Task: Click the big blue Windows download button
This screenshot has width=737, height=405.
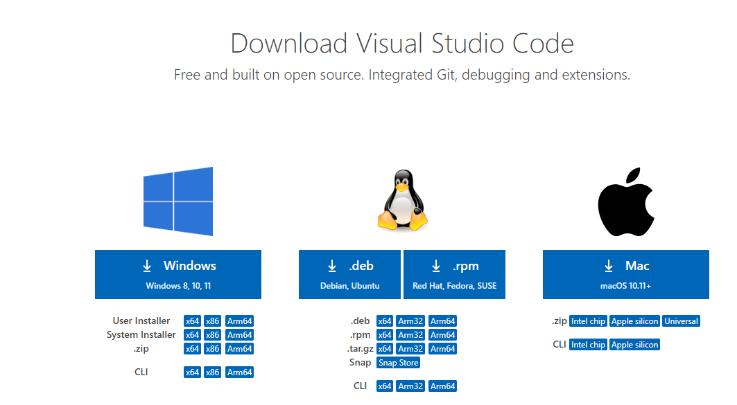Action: point(178,274)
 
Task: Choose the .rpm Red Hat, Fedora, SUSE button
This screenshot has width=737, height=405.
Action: point(454,274)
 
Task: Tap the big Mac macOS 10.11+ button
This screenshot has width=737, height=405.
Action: point(625,274)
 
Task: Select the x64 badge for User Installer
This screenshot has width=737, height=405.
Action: point(192,321)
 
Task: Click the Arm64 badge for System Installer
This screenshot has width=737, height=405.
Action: point(240,335)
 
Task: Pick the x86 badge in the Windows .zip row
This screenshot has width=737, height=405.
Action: point(212,349)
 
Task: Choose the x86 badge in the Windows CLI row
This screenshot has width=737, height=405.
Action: point(212,372)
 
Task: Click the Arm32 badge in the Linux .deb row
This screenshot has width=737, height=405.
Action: point(410,321)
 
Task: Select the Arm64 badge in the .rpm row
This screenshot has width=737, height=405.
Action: point(442,335)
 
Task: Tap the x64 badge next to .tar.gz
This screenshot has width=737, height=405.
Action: point(385,349)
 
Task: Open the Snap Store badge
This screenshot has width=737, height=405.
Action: point(399,363)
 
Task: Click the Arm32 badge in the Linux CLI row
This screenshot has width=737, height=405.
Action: point(410,386)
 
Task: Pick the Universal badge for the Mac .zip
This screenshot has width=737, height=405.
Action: point(681,321)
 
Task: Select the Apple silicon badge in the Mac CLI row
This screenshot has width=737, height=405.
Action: point(634,345)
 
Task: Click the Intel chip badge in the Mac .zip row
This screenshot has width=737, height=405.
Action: point(588,321)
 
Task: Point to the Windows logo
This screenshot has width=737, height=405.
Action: point(178,201)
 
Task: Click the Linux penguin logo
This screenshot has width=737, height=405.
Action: point(402,201)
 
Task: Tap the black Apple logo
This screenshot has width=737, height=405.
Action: point(626,201)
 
